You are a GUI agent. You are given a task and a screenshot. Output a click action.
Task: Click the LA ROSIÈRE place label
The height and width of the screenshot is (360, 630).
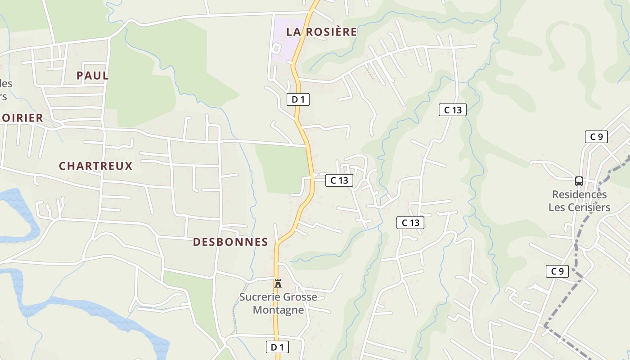click(321, 32)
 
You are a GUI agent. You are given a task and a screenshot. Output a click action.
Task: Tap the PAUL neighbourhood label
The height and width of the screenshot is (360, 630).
click(93, 76)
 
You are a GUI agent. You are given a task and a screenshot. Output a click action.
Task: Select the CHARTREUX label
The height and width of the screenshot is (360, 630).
click(96, 166)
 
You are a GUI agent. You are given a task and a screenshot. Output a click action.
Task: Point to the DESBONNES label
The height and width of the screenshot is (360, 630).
click(230, 242)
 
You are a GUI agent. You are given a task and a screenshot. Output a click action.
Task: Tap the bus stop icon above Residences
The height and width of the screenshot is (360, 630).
click(579, 181)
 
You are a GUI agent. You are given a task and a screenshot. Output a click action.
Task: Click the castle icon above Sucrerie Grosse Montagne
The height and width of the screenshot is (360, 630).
click(278, 283)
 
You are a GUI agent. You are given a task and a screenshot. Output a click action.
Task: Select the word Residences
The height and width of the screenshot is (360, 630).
click(580, 195)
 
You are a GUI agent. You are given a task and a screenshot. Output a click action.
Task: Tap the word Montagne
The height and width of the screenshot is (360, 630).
click(278, 310)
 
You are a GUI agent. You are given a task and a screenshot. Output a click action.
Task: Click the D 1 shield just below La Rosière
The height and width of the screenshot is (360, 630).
click(298, 99)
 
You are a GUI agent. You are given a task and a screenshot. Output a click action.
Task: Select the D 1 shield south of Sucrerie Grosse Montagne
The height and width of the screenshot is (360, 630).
click(277, 347)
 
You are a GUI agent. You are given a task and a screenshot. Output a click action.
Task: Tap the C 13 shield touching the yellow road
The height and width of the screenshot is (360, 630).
click(339, 180)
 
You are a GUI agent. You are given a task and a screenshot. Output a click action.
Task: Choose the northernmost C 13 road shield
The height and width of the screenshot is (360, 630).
click(453, 110)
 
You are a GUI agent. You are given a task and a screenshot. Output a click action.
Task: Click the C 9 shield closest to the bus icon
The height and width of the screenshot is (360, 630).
click(596, 137)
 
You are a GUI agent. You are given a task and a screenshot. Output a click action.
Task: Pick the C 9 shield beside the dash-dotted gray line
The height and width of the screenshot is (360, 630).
click(557, 271)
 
